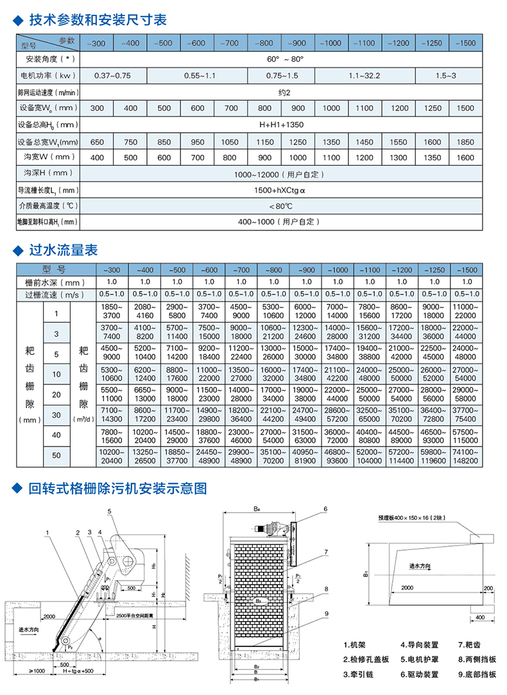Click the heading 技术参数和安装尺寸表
pos(98,20)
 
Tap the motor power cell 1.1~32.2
pos(365,76)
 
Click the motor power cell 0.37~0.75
pos(112,76)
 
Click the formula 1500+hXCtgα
pos(280,190)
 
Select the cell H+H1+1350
pos(281,124)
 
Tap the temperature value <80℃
pos(281,206)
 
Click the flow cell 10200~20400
pos(112,456)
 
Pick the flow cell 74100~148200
pos(465,456)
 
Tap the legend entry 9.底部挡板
pos(477,674)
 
